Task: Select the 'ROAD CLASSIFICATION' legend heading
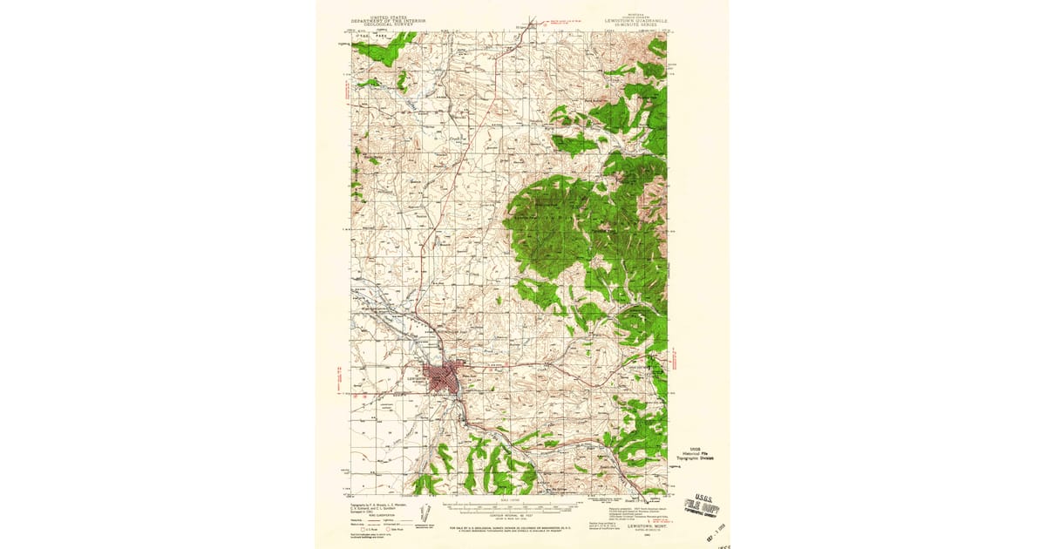pos(377,515)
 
